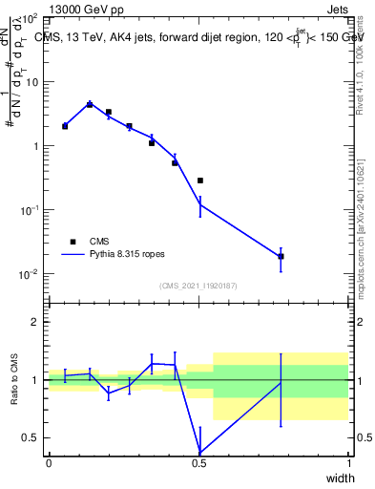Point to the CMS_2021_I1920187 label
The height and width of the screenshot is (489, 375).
198,285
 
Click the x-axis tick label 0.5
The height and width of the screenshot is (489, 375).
198,462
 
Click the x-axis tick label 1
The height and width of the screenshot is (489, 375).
349,462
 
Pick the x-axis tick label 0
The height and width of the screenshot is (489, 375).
49,462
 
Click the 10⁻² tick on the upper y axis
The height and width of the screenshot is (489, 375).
30,274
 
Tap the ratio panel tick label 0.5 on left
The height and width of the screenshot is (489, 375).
31,437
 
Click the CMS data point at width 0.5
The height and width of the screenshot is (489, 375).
199,181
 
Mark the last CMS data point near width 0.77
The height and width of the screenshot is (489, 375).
281,256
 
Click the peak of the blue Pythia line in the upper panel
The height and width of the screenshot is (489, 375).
90,104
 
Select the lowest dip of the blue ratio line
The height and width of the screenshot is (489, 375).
199,453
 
